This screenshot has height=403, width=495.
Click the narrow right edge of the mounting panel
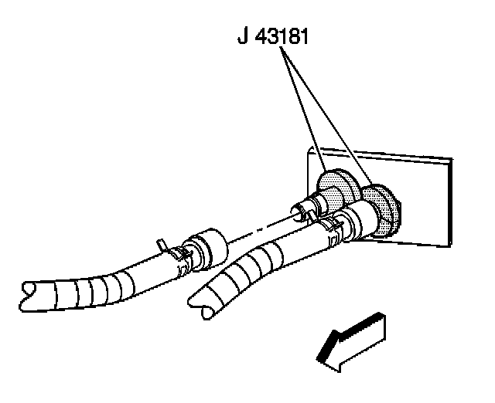[449, 201]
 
